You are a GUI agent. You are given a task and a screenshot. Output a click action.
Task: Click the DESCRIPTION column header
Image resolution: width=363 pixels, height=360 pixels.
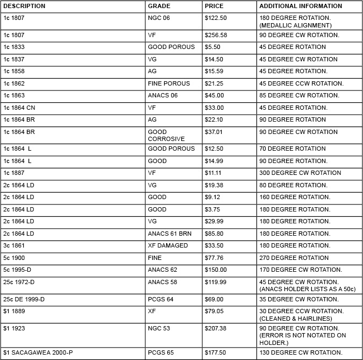[24, 6]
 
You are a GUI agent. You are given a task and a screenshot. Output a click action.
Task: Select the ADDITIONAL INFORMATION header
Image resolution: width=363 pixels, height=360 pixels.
[301, 6]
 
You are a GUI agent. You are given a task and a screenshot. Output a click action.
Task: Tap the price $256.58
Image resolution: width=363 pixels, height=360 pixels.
[216, 35]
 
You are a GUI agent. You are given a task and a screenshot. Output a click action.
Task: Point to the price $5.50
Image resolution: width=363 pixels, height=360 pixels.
[212, 47]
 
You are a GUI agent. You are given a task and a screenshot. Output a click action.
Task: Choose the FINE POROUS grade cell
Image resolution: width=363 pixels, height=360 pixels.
[169, 83]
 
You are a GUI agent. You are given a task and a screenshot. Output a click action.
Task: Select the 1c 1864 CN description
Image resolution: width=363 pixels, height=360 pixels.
[19, 108]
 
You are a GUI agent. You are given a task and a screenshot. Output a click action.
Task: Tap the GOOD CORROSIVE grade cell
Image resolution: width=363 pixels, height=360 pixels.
[166, 135]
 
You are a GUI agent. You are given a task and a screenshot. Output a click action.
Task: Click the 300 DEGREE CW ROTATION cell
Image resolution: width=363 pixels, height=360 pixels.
[300, 173]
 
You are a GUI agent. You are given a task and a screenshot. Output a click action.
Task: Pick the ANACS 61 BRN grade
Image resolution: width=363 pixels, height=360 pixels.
[169, 234]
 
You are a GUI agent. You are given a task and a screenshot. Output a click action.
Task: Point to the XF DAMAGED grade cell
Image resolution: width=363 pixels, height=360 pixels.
[168, 245]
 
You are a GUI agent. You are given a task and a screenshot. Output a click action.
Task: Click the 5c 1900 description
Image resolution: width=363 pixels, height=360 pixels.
[14, 258]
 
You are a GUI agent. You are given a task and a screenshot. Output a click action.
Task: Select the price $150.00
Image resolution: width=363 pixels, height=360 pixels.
[216, 270]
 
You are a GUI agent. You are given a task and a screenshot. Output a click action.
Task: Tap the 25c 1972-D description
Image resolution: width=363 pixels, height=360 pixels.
[19, 281]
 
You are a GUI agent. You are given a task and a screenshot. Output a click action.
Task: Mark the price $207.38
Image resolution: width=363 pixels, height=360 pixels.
[216, 328]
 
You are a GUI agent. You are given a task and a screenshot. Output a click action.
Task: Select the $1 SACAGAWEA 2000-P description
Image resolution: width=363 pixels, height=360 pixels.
[35, 352]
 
